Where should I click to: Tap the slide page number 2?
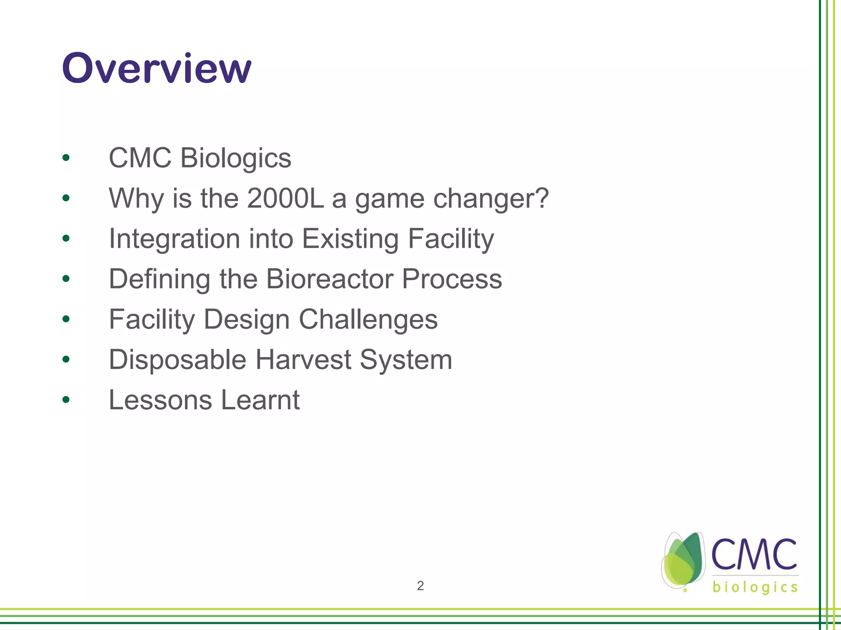(x=420, y=586)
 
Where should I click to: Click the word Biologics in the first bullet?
(x=236, y=158)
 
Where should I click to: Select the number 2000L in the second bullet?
(x=285, y=199)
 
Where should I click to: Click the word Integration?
(x=174, y=239)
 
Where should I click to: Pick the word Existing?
(x=350, y=239)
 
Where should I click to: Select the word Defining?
(x=159, y=279)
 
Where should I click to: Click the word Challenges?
(x=368, y=320)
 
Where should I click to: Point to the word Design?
(x=247, y=320)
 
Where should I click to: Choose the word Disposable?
(x=177, y=360)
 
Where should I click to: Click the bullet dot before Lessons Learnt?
(x=66, y=399)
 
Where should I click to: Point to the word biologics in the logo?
(x=755, y=587)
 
